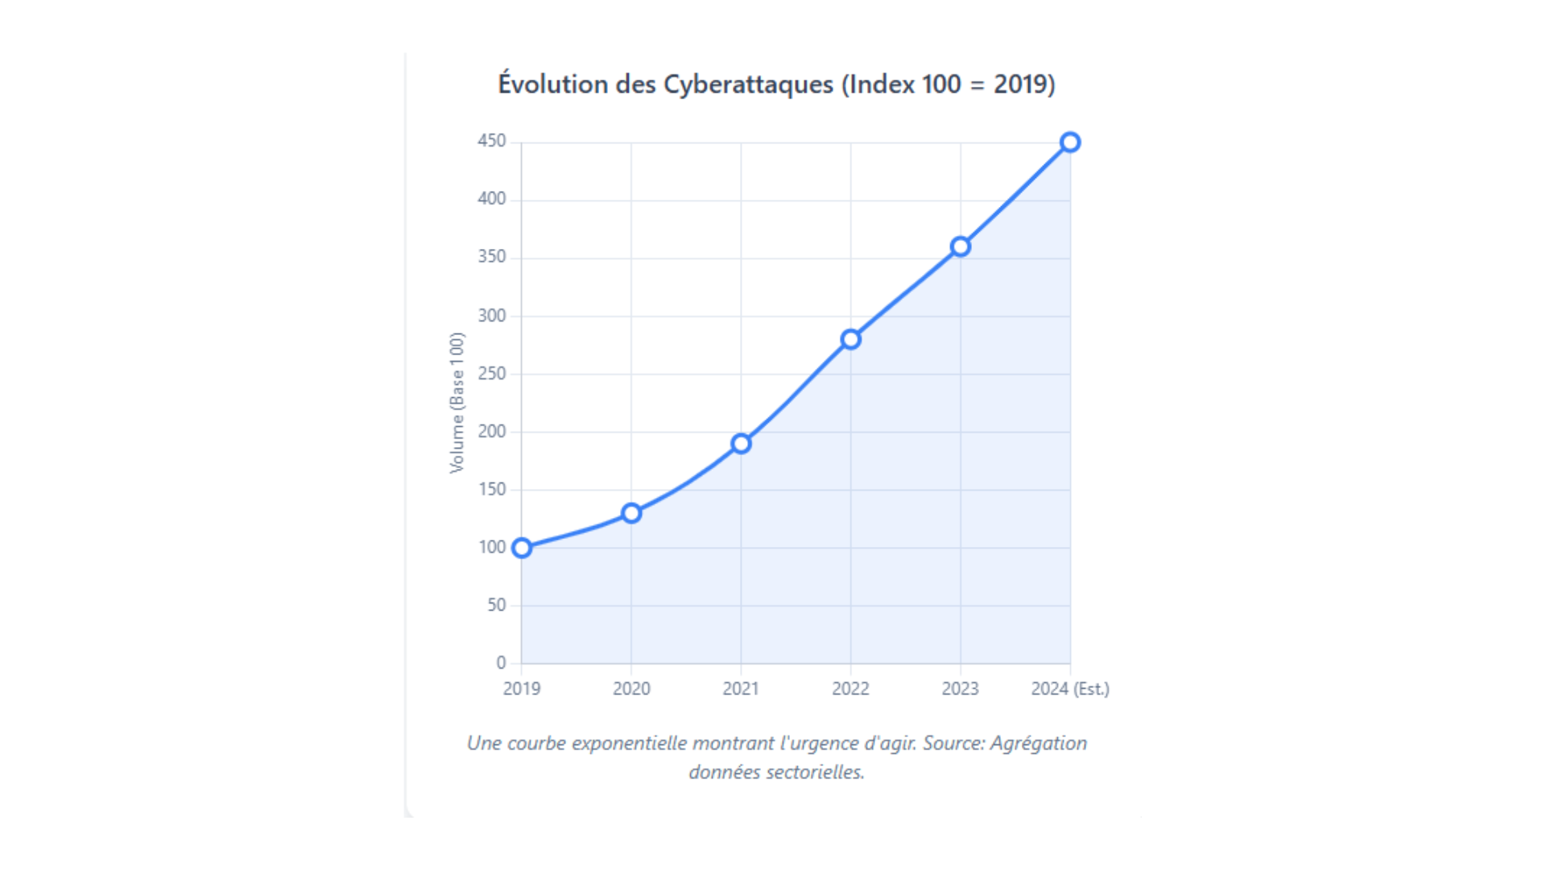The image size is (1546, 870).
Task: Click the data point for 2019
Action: pos(522,549)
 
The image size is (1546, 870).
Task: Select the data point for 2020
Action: pos(631,513)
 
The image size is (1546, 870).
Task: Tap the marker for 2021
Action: pos(741,444)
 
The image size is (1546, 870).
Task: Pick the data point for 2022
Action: pos(850,339)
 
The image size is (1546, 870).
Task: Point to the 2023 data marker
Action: pos(960,246)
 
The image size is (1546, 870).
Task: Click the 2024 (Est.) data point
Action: pos(1069,143)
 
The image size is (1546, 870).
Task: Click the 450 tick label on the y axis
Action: pos(491,141)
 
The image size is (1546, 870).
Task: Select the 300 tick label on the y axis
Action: pos(491,316)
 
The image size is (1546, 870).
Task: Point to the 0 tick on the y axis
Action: pos(501,663)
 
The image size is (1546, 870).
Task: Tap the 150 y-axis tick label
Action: pos(491,490)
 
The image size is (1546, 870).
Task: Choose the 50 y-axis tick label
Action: pos(496,605)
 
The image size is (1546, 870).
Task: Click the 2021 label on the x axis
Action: pos(741,689)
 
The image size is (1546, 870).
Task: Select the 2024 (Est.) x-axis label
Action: pos(1070,689)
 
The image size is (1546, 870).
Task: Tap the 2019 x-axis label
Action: pos(522,689)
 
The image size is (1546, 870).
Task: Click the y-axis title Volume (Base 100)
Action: pos(457,403)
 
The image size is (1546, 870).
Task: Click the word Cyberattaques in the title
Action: pos(748,85)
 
